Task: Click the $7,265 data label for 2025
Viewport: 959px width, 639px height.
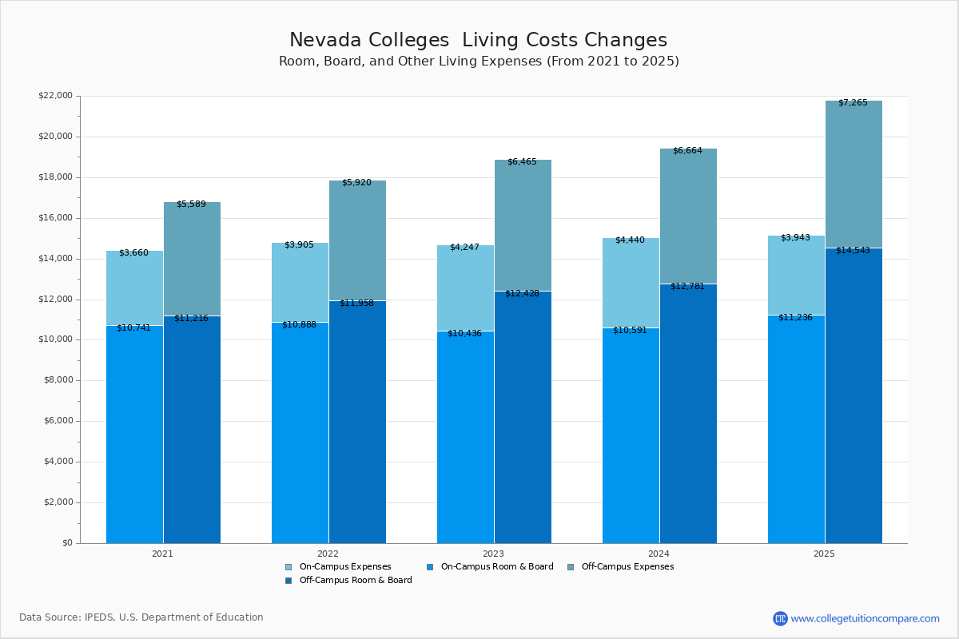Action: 853,103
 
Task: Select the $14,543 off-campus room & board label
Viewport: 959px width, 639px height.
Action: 853,251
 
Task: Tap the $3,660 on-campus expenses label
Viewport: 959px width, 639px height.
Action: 133,253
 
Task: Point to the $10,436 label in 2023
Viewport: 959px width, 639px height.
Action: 464,334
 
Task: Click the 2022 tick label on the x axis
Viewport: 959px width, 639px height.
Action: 328,553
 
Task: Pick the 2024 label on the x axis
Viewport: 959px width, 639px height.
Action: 659,553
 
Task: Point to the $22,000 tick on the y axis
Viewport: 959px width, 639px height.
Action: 55,96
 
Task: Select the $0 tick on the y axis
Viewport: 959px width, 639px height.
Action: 66,543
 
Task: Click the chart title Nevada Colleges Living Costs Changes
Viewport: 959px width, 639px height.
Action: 478,41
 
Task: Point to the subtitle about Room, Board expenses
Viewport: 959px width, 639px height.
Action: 479,62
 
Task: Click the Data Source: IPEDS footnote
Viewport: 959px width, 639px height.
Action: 141,617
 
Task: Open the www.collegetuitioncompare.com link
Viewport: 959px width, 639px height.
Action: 865,618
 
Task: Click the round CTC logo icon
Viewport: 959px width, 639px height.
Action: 780,618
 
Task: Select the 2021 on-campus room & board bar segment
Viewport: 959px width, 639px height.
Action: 134,435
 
